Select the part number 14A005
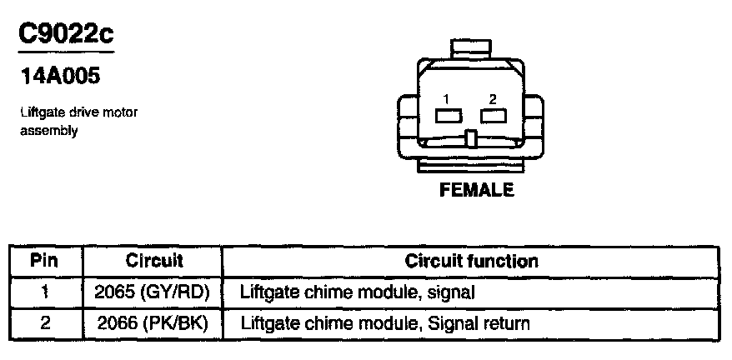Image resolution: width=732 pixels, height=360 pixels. [x=59, y=77]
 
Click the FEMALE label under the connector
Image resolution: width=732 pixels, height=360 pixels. [x=476, y=190]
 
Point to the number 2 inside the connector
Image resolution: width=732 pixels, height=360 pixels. [x=493, y=99]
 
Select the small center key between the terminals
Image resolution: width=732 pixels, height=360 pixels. [x=471, y=138]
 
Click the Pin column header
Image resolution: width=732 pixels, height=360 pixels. [x=45, y=261]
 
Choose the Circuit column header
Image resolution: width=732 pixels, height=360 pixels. [x=153, y=261]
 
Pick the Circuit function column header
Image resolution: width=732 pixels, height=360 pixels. [x=471, y=261]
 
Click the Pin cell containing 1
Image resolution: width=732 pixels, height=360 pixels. [x=45, y=292]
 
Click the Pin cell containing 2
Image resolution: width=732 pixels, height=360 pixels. [x=45, y=322]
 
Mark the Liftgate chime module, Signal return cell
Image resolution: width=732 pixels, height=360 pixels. [x=384, y=322]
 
